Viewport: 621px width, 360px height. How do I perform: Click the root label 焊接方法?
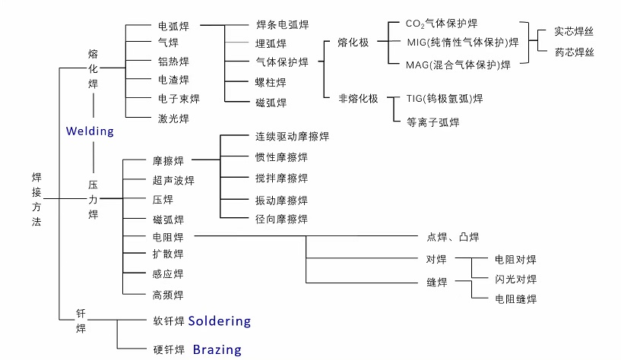(37, 199)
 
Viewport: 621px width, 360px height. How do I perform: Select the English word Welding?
(90, 131)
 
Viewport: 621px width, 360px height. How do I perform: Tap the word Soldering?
(219, 321)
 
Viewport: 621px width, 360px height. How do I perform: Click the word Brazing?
(217, 349)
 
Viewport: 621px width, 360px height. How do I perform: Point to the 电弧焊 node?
(173, 25)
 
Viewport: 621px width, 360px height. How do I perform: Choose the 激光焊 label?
(173, 118)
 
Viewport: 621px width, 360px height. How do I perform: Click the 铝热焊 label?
(173, 62)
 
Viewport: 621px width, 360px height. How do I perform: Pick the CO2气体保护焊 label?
(452, 25)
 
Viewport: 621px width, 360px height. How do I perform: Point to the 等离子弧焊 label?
(433, 121)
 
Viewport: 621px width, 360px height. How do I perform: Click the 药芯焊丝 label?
(574, 52)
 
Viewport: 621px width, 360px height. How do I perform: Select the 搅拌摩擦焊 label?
(281, 178)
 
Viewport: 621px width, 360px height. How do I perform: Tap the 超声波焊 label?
(173, 181)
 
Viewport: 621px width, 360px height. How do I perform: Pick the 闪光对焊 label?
(515, 279)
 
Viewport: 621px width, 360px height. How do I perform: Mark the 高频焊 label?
(168, 295)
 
